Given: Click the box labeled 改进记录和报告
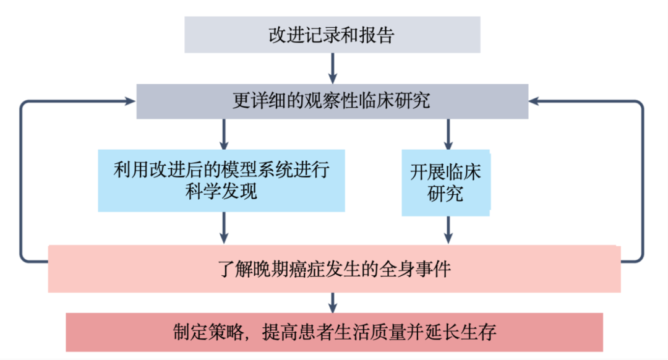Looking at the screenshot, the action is click(332, 35).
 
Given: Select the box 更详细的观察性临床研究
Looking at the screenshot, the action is click(332, 101).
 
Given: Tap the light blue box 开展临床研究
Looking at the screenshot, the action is click(446, 182).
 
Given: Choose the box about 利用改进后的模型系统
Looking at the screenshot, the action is click(221, 181).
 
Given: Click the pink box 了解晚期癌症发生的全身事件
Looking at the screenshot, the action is click(335, 269).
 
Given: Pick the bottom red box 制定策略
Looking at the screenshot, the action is click(335, 332).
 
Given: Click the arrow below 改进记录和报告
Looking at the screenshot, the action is click(333, 68).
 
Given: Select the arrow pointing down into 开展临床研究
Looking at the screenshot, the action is click(448, 134).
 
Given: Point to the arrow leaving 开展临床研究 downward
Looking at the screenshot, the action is click(448, 230).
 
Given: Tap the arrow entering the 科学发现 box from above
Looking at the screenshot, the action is click(224, 134).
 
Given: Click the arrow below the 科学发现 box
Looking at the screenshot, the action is click(224, 228).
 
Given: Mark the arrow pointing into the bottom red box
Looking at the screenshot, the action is click(333, 303).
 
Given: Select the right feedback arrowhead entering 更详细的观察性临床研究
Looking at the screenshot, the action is click(534, 101).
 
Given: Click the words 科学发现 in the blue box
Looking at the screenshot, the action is click(221, 191).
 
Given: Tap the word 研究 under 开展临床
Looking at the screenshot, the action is click(445, 194).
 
